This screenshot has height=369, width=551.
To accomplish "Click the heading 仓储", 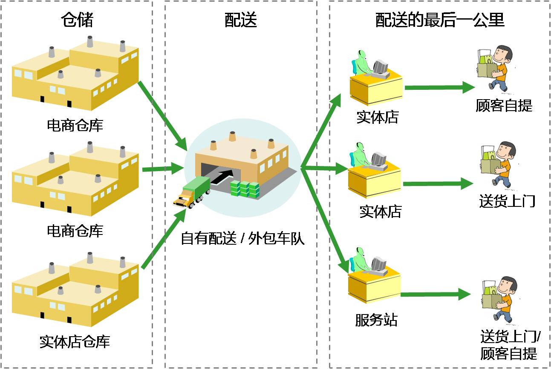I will click(x=77, y=20).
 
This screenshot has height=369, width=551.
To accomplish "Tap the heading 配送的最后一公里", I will click(x=440, y=20).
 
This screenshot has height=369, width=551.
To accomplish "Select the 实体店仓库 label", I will click(x=75, y=341).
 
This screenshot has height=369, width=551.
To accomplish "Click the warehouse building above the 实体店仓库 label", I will click(x=75, y=289).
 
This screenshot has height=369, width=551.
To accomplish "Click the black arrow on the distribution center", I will click(x=223, y=176).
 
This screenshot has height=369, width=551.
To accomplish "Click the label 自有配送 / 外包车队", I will click(x=242, y=239).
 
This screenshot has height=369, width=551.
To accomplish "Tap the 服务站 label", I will click(x=376, y=320).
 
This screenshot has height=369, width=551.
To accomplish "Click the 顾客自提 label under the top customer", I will click(x=504, y=105).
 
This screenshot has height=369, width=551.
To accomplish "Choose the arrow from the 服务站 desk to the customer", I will click(x=435, y=294).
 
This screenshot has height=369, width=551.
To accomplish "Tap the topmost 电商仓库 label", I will click(x=75, y=125).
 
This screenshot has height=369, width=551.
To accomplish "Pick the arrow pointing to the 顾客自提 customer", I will click(x=439, y=88).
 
